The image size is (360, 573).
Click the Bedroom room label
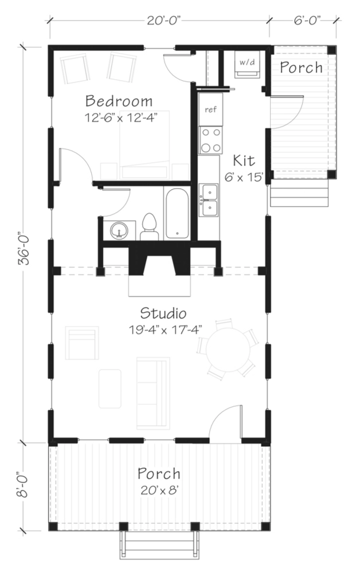point(119,101)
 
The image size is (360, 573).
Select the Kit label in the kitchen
point(244,160)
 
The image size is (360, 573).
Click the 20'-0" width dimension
point(165,21)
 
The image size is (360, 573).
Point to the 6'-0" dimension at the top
point(307,21)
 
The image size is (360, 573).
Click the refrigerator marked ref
point(210,109)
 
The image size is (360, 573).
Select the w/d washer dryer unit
point(247,64)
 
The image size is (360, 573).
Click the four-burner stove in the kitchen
point(210,140)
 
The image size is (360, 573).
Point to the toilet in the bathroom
point(150,226)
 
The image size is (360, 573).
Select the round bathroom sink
point(119,230)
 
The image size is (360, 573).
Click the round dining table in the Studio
point(228,350)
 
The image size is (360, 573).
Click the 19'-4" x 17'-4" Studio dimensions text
point(165,331)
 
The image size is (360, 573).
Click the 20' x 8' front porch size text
point(159,490)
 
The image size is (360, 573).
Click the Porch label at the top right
point(302,67)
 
